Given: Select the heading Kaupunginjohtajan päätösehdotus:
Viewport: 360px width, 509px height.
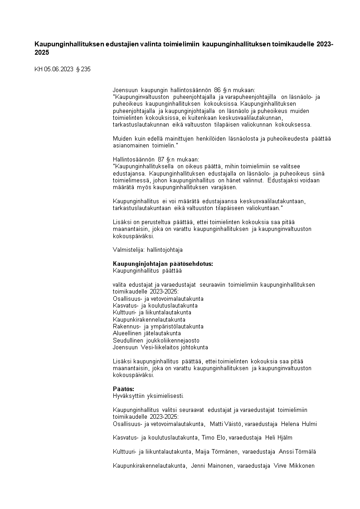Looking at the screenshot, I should pos(163,264).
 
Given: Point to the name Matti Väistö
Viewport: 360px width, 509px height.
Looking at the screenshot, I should pos(226,424).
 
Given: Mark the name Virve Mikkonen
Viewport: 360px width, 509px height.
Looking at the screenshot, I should pos(294,465).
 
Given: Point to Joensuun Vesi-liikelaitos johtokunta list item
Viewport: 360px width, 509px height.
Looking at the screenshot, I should pos(160,347).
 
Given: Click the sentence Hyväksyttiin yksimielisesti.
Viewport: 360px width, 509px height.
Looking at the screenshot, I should pos(148,396).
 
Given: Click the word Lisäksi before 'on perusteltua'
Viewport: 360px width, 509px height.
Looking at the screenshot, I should pos(122,222).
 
